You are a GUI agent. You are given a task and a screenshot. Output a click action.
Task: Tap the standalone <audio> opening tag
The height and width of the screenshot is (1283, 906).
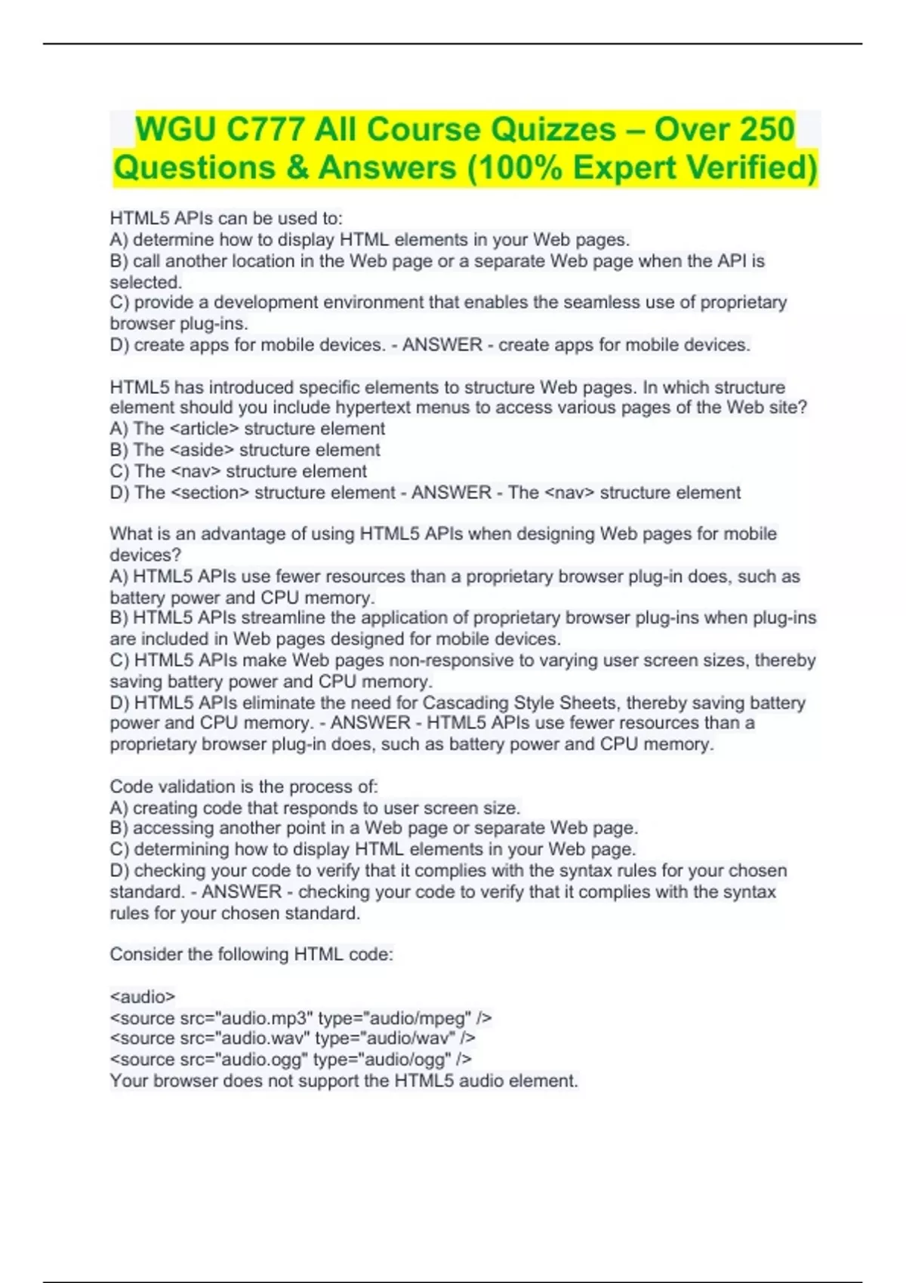143,996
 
